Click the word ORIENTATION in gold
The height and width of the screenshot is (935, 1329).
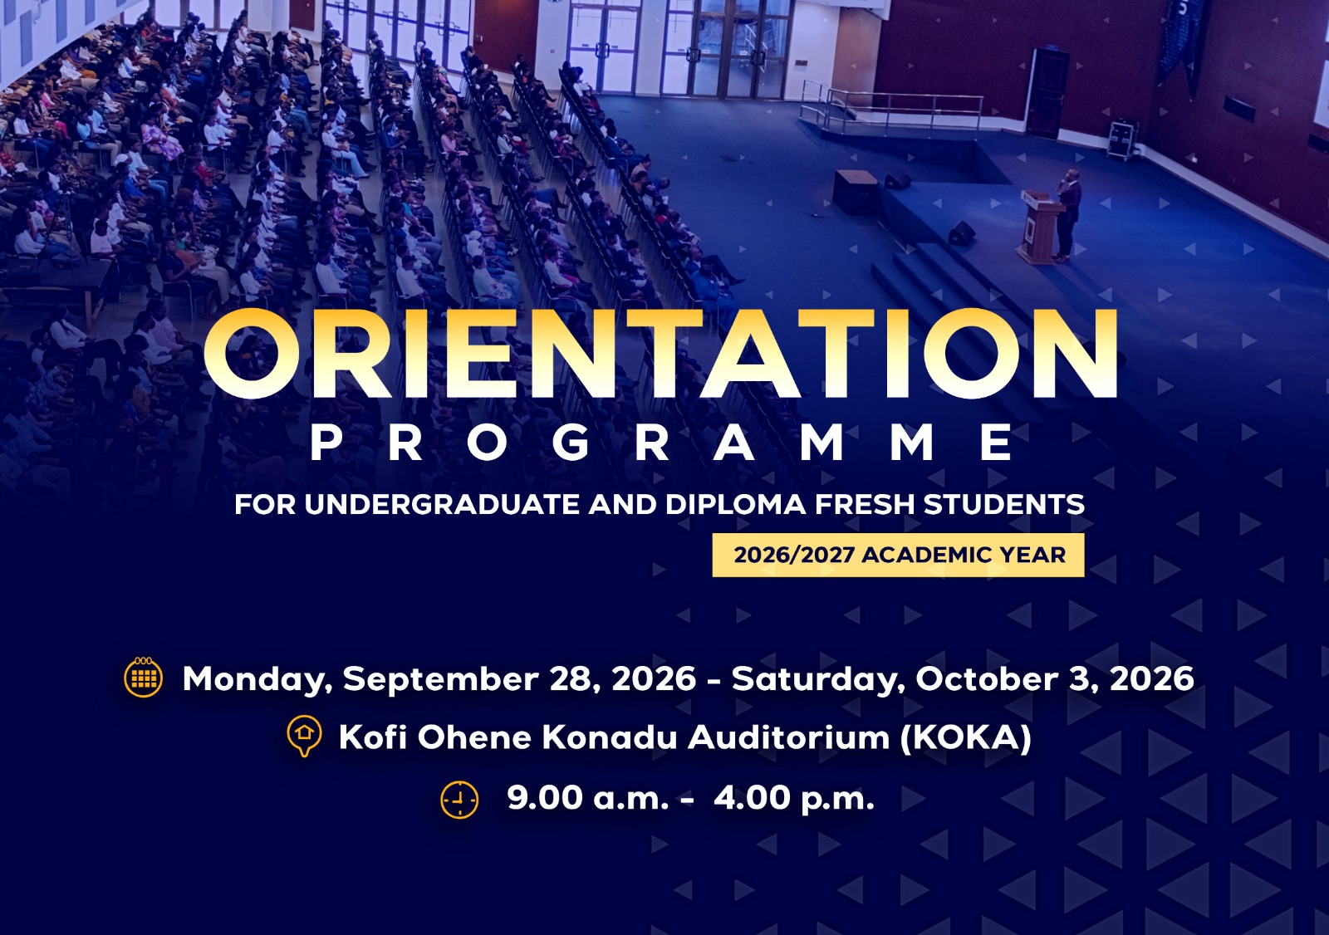coord(660,353)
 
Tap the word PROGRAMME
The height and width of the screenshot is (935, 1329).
coord(661,443)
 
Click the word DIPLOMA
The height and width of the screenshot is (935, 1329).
coord(735,505)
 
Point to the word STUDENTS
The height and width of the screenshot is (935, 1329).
coord(1004,505)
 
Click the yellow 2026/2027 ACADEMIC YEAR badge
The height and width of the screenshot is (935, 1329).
coord(898,555)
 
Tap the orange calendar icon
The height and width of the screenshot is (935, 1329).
coord(143,677)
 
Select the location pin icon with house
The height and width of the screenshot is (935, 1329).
coord(304,737)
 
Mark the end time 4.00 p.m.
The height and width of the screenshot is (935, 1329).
coord(794,799)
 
